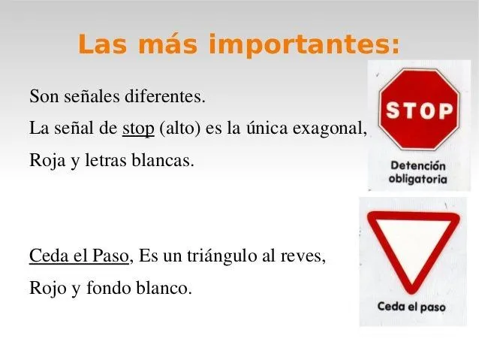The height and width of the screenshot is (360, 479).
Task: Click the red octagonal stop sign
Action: point(417,110)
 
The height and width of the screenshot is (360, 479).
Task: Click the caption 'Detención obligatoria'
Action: point(417,172)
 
